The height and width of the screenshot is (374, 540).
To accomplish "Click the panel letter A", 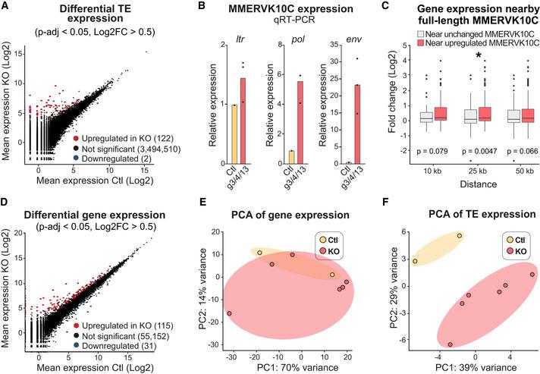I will tap(8, 8).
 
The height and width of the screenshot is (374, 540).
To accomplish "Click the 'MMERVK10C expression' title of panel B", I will tap(271, 14).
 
